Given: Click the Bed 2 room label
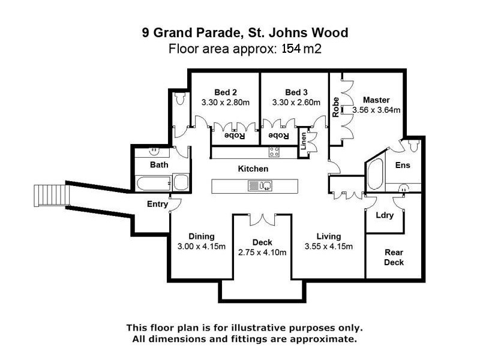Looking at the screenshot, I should (226, 92).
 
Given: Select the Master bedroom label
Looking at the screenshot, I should (376, 100).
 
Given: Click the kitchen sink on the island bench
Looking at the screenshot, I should (259, 186).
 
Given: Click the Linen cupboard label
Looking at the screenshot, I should (304, 143).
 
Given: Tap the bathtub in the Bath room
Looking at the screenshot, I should (152, 182).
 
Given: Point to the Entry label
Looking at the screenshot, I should (157, 205).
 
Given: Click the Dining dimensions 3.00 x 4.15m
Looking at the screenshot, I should (201, 247).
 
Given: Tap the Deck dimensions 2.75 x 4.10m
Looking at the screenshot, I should (262, 253).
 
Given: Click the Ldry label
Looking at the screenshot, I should (385, 215).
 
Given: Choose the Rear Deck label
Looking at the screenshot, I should (394, 257).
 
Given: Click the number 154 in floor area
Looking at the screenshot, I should (293, 49).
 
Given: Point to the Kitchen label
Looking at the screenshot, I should (253, 169).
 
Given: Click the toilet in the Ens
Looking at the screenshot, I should (412, 145).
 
